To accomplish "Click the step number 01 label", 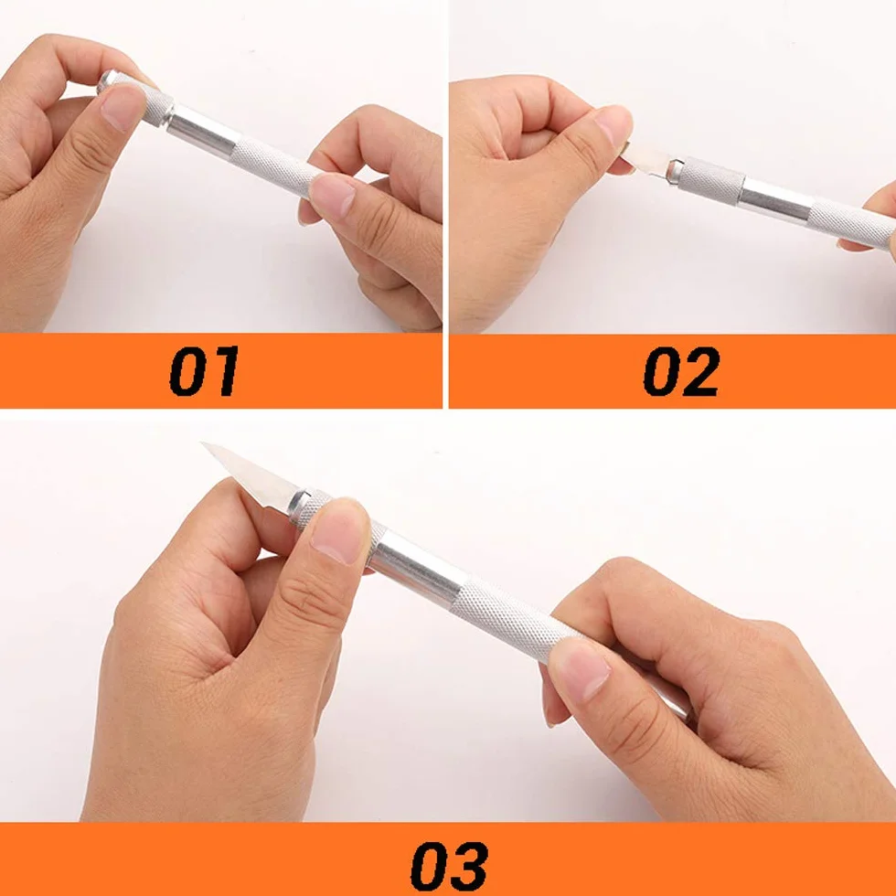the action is [204, 371].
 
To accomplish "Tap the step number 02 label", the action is [680, 371].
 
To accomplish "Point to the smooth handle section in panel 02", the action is [776, 201].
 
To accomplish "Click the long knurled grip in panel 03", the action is [511, 618].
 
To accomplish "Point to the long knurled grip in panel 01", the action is [274, 165].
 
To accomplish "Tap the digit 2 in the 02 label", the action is [700, 371].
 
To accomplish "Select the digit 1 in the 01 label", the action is [225, 371].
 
